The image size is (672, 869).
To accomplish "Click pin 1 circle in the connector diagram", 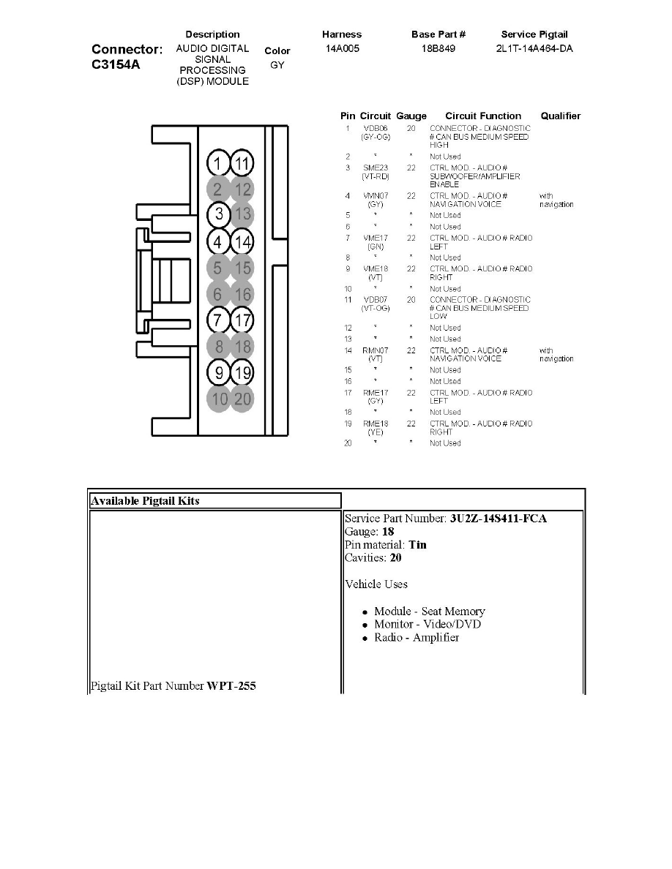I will [x=217, y=163].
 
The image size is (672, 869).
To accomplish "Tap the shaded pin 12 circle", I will [x=242, y=189].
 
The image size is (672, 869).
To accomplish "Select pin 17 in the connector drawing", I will [x=242, y=320].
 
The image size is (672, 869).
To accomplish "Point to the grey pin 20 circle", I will [x=242, y=399].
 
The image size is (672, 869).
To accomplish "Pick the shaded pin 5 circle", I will [x=217, y=268].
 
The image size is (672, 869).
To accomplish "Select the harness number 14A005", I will [x=342, y=49].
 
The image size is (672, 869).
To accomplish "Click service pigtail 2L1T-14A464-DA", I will [x=534, y=49].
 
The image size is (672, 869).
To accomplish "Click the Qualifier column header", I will [x=560, y=116].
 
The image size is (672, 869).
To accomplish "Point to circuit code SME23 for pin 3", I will [x=376, y=168].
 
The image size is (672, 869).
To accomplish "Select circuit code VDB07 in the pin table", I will [x=376, y=300].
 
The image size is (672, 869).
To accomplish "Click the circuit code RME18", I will [x=376, y=424].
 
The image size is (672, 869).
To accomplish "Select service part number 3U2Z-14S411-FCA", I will [x=499, y=519].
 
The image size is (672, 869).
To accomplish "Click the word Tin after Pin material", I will [x=417, y=544].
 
